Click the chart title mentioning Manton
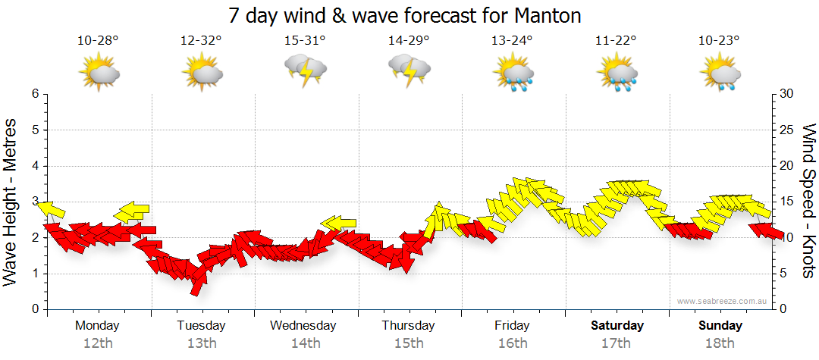409,15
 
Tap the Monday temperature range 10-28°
98,41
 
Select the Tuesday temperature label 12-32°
201,41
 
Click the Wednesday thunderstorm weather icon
305,70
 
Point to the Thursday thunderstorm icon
409,70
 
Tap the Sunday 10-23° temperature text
720,41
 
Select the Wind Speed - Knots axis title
808,201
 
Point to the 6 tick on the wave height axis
35,94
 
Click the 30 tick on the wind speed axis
786,94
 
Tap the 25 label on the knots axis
786,130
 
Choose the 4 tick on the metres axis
35,166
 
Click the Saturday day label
617,326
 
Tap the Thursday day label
409,326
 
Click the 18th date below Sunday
720,343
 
